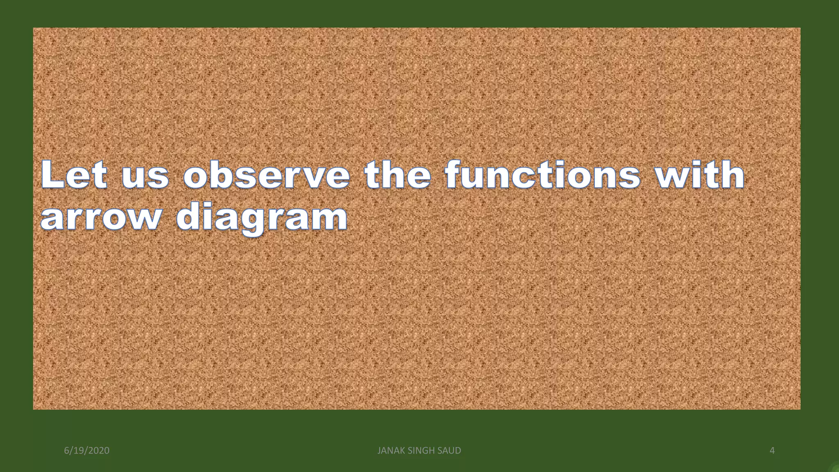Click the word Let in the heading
pos(74,175)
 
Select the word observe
pos(267,175)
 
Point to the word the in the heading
pos(398,175)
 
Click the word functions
pos(542,175)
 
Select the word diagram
pos(262,218)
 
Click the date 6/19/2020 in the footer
pos(87,451)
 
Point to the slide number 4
pos(772,451)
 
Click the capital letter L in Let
pos(52,175)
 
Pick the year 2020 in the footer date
pos(99,451)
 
